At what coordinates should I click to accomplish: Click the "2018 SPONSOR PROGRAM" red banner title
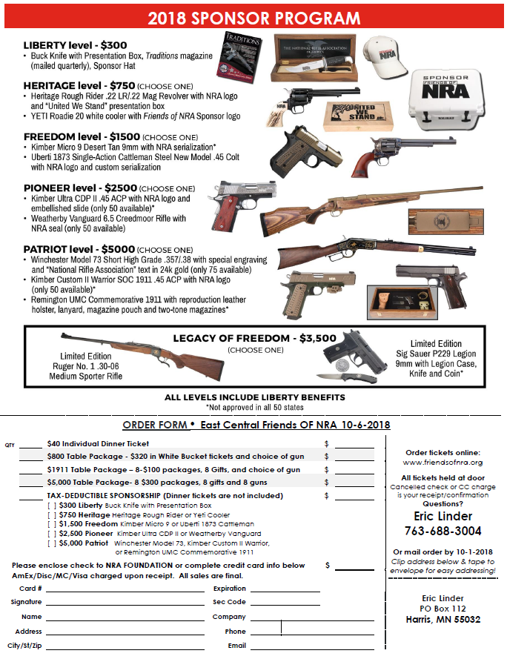pyautogui.click(x=253, y=18)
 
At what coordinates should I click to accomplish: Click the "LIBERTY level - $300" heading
pyautogui.click(x=76, y=45)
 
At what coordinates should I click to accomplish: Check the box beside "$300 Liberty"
pyautogui.click(x=51, y=505)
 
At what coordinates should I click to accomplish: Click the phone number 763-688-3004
pyautogui.click(x=443, y=531)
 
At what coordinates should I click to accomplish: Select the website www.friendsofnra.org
pyautogui.click(x=443, y=463)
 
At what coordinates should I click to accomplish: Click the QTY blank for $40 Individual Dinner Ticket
pyautogui.click(x=30, y=445)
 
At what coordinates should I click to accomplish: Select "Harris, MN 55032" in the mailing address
pyautogui.click(x=443, y=619)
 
